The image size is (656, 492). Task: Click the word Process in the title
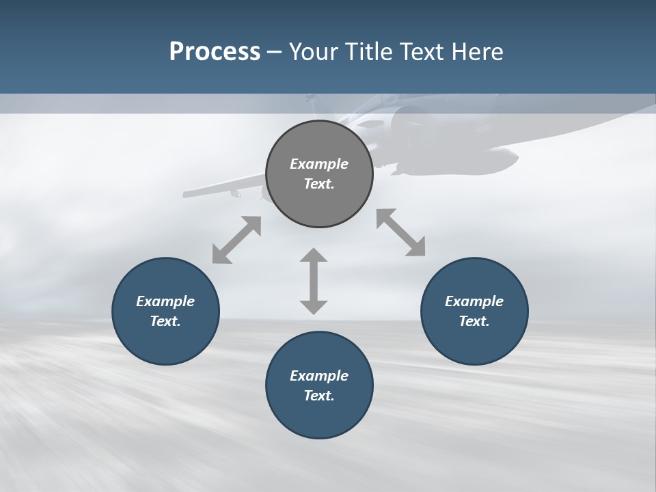(x=215, y=52)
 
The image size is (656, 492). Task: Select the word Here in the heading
(x=478, y=52)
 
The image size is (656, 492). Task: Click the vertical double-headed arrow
(x=314, y=281)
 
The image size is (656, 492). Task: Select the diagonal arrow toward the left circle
(x=236, y=240)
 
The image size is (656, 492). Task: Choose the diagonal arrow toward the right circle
(x=401, y=232)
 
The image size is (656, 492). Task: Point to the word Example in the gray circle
(x=319, y=164)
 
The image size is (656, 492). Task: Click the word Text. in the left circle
(x=165, y=321)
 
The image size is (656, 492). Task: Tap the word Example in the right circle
(x=474, y=301)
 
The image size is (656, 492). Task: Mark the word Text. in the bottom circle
(x=319, y=396)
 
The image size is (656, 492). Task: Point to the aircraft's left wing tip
(x=187, y=195)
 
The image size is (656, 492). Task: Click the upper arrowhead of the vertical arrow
(x=314, y=257)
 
